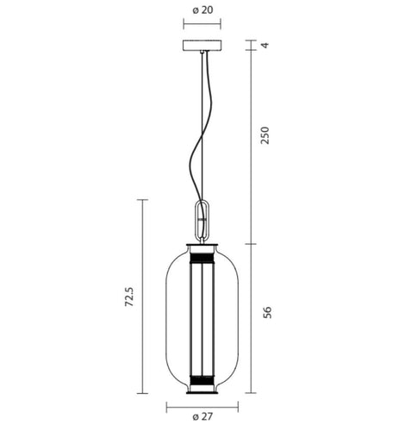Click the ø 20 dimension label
(203, 9)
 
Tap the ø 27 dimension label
(203, 418)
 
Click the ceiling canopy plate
(203, 45)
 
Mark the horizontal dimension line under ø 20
(203, 26)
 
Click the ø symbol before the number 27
(196, 418)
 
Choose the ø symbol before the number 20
(195, 9)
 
